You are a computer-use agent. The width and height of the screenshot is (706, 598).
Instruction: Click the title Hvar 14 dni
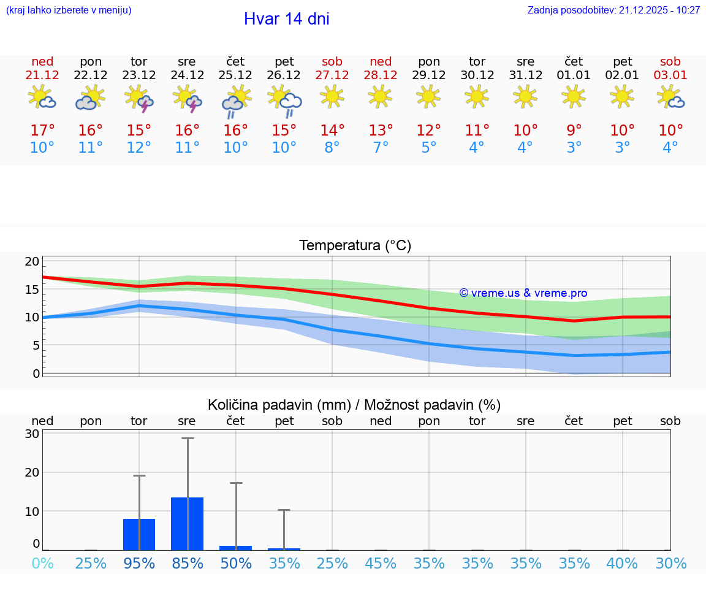pos(286,19)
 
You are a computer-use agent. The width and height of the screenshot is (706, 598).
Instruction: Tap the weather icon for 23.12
pos(139,99)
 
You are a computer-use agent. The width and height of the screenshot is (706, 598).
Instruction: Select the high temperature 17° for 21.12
pos(42,130)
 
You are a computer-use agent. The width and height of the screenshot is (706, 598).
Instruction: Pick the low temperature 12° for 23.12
pos(139,148)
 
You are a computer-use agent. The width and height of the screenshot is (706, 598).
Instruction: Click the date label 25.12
pos(235,75)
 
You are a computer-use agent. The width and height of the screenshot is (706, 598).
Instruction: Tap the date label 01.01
pos(574,75)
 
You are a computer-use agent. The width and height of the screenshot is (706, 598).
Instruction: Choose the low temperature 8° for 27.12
pos(332,148)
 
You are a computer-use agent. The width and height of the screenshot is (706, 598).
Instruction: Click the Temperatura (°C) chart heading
pos(355,246)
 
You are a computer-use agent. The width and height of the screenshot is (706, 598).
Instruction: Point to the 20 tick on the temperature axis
pos(32,262)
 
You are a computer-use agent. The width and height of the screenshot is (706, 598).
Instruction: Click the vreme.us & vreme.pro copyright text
pos(523,293)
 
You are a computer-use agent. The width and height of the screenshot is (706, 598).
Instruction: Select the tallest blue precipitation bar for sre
pos(187,524)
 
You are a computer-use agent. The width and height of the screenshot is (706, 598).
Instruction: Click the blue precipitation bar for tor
pos(139,534)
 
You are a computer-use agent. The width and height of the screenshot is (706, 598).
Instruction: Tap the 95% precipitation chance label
pos(139,563)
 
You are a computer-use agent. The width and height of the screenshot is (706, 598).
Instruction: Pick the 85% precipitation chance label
pos(187,563)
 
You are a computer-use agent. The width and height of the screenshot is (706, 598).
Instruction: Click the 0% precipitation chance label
pos(42,563)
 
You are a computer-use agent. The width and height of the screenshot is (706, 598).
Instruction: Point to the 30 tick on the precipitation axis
pos(32,434)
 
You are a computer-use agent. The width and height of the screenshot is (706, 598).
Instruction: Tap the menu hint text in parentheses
pos(69,10)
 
